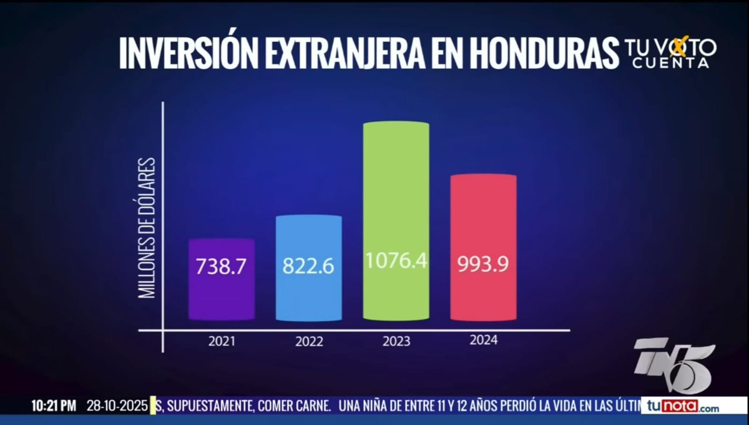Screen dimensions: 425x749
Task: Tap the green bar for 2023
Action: pyautogui.click(x=396, y=187)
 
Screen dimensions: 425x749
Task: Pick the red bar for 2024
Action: pyautogui.click(x=483, y=218)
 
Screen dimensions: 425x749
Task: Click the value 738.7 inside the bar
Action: pyautogui.click(x=221, y=266)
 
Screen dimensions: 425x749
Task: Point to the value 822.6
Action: pyautogui.click(x=308, y=266)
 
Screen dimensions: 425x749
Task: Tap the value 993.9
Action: pyautogui.click(x=483, y=264)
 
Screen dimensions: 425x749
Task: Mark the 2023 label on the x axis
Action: pyautogui.click(x=396, y=341)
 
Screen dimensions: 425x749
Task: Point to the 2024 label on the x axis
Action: pyautogui.click(x=483, y=340)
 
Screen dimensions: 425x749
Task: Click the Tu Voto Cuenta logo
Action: pyautogui.click(x=670, y=53)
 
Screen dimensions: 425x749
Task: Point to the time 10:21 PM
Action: pyautogui.click(x=54, y=406)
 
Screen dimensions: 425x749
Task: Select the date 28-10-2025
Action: pyautogui.click(x=118, y=406)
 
